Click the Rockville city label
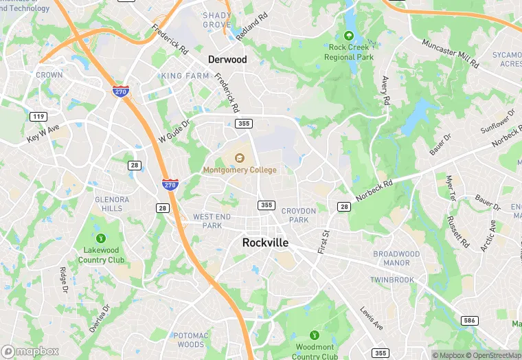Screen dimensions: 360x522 (265, 243)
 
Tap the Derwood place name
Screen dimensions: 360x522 (227, 60)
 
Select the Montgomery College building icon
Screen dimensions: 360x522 (240, 159)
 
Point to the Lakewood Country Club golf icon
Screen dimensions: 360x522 (101, 238)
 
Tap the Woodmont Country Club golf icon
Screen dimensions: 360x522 (315, 335)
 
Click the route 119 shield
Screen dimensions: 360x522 (38, 117)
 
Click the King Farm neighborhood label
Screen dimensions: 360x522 (185, 76)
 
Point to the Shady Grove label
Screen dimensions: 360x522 (216, 20)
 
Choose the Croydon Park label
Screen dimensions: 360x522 (299, 215)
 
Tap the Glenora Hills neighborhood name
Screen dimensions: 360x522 (112, 204)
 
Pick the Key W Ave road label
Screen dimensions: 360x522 (43, 133)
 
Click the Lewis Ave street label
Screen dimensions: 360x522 (372, 318)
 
